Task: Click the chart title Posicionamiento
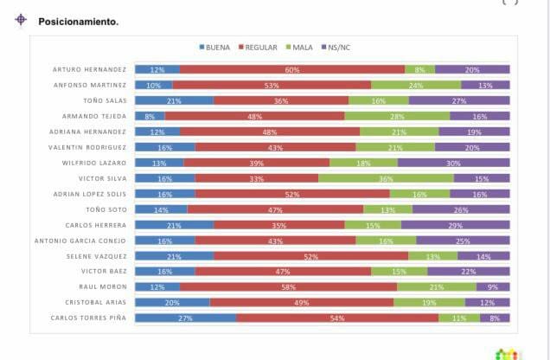point(78,22)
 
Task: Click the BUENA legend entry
point(214,47)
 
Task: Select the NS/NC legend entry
point(336,47)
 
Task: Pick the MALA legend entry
point(298,47)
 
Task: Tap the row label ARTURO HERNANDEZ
point(89,69)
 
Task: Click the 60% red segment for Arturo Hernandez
point(292,69)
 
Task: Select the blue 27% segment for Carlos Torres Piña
point(186,318)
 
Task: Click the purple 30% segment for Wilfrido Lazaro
point(453,163)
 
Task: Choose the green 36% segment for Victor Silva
point(386,178)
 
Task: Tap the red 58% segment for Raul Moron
point(288,287)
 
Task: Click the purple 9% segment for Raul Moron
point(493,287)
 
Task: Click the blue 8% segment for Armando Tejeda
point(150,116)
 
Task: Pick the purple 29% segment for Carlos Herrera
point(455,225)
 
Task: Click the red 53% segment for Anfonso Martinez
point(272,85)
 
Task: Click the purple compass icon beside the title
point(21,20)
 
